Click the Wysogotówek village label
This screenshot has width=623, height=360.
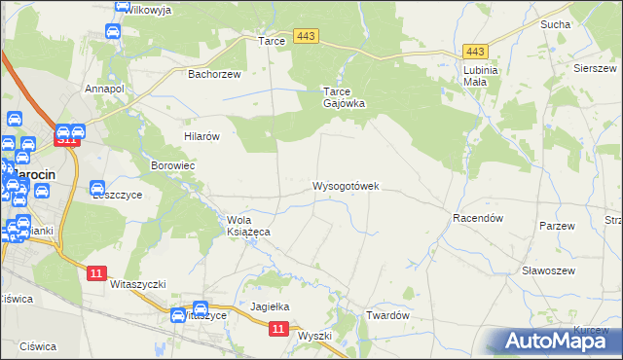pos(346,185)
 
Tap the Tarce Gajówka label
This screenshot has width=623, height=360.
pos(344,97)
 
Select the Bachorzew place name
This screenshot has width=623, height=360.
pos(214,73)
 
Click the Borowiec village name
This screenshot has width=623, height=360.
pos(173,166)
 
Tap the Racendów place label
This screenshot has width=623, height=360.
pos(477,219)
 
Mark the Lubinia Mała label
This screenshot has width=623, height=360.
pos(481,76)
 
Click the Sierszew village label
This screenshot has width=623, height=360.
pos(594,69)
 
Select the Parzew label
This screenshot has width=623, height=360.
pos(558,226)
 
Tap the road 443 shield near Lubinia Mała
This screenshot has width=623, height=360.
pos(475,51)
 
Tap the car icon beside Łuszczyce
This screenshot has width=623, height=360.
pos(97,189)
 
